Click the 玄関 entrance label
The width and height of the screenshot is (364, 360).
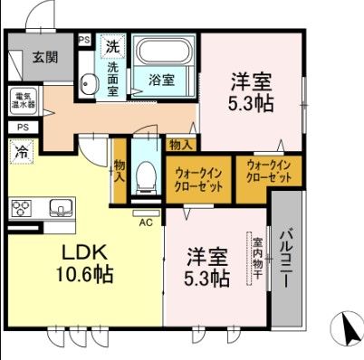44,57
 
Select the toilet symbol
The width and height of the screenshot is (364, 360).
145,172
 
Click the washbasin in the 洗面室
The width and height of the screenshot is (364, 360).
89,84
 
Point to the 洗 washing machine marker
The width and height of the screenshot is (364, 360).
111,45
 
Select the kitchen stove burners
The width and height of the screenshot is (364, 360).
22,208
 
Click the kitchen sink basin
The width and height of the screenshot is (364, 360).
59,207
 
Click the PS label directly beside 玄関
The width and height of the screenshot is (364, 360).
83,40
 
